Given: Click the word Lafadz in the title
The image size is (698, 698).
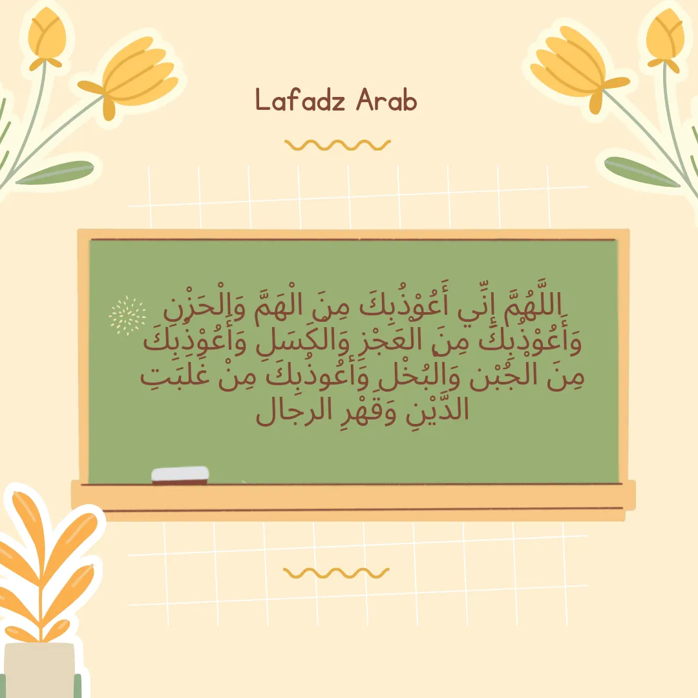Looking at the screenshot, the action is coord(301,100).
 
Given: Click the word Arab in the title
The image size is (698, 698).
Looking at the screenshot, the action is coord(386,100).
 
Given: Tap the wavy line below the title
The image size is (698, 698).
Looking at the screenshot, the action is coord(337,145).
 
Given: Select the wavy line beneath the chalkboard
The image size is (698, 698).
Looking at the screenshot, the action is coord(336,573).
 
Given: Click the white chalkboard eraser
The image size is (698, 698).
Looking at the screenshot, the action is coord(180,475).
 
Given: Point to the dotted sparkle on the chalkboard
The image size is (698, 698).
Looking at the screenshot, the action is coord(127,315).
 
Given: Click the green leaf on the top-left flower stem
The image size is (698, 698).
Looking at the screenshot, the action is coord(56,173).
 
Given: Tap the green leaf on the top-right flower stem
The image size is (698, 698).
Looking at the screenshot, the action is coord(641,171).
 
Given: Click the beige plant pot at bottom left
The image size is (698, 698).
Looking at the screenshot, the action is coord(40,670).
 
